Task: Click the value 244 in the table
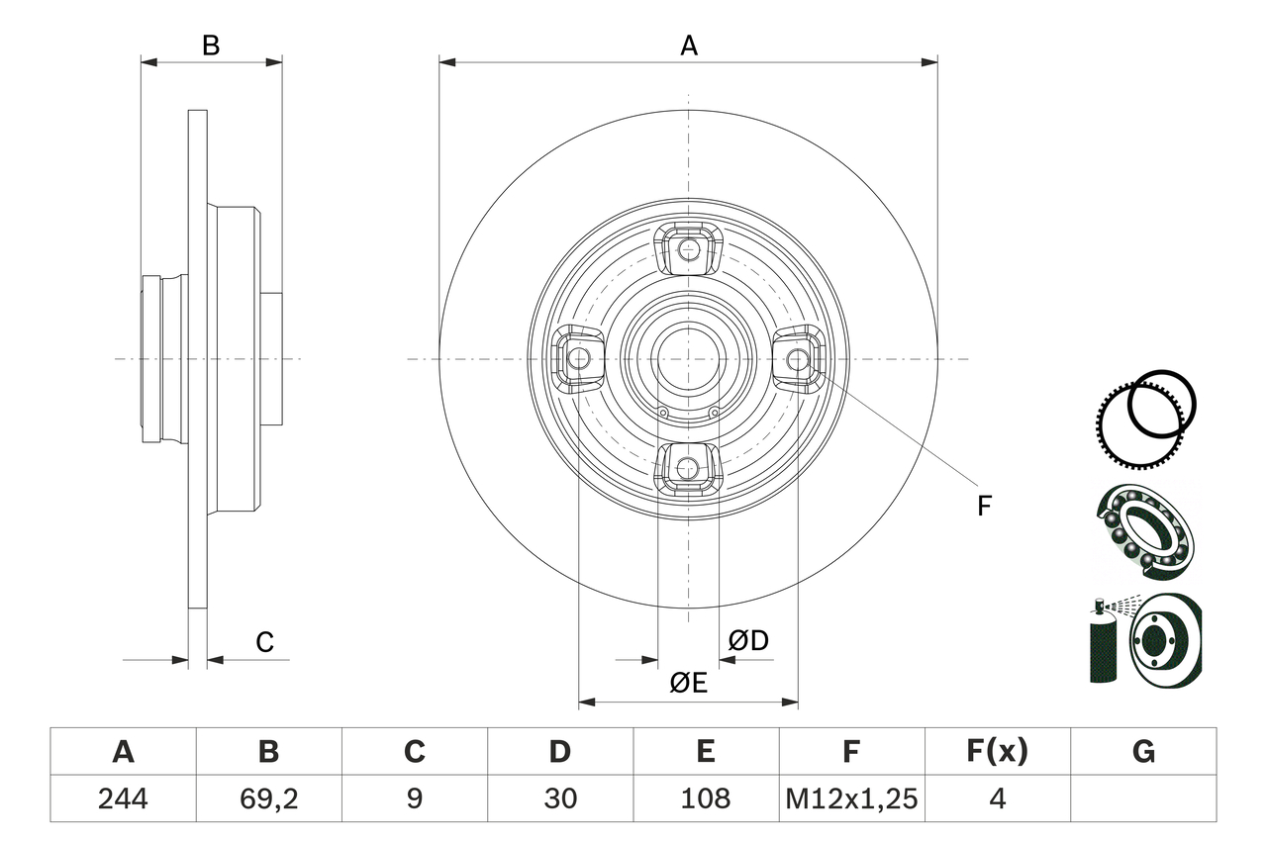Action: (x=124, y=798)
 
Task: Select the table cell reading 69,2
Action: (x=268, y=798)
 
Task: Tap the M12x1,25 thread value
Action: (x=851, y=798)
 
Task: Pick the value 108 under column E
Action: (x=706, y=798)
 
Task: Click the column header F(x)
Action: (x=997, y=752)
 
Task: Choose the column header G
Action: (x=1143, y=752)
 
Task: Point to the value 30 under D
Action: (x=560, y=798)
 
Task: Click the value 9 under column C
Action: (x=414, y=798)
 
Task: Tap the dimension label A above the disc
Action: (x=688, y=46)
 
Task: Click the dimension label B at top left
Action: (x=211, y=46)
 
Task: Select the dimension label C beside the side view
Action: (x=264, y=642)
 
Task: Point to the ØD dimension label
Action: (x=748, y=641)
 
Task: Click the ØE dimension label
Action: (x=688, y=683)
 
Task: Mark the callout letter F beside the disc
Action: (x=983, y=507)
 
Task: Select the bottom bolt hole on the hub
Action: (x=689, y=467)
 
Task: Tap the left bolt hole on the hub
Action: (x=579, y=357)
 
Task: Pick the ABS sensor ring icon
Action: (x=1148, y=408)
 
